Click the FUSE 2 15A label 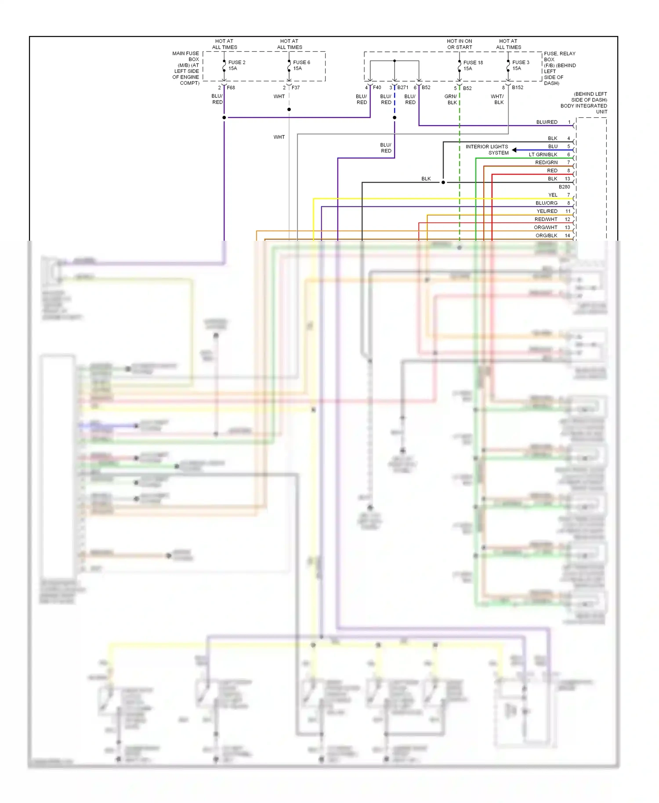pyautogui.click(x=236, y=65)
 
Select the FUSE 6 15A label pyautogui.click(x=301, y=65)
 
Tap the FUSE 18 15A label pyautogui.click(x=473, y=65)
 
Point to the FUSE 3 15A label pyautogui.click(x=521, y=65)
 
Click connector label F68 pyautogui.click(x=231, y=87)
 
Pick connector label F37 pyautogui.click(x=296, y=87)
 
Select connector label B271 pyautogui.click(x=402, y=87)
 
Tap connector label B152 pyautogui.click(x=517, y=87)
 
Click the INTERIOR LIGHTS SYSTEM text pyautogui.click(x=487, y=150)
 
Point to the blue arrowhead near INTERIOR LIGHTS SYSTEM pyautogui.click(x=514, y=150)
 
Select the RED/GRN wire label pyautogui.click(x=546, y=163)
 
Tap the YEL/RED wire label pyautogui.click(x=547, y=211)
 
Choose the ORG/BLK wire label pyautogui.click(x=546, y=235)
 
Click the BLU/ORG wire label pyautogui.click(x=546, y=203)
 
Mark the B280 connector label pyautogui.click(x=564, y=187)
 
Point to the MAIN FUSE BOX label pyautogui.click(x=186, y=68)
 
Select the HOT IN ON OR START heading pyautogui.click(x=460, y=44)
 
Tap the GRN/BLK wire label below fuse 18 pyautogui.click(x=451, y=99)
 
